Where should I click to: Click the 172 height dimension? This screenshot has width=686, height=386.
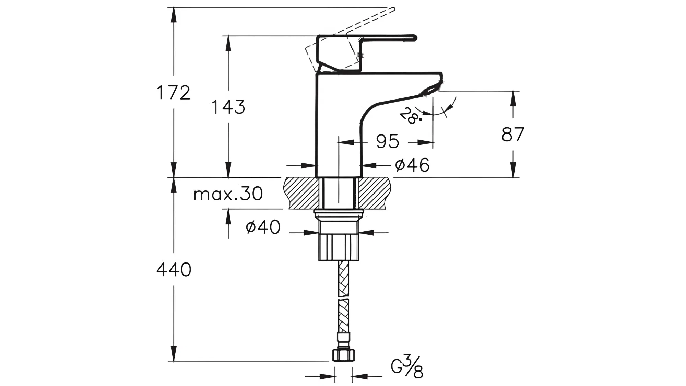click(173, 93)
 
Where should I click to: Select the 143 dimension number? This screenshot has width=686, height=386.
click(228, 107)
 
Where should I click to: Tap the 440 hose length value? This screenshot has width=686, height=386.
click(174, 270)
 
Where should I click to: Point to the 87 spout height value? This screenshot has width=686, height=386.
click(513, 134)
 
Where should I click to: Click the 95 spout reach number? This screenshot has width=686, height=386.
click(388, 142)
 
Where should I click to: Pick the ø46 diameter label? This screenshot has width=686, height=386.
click(412, 165)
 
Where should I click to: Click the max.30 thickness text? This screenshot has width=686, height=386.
click(228, 194)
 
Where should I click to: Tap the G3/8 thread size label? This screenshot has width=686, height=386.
click(407, 367)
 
